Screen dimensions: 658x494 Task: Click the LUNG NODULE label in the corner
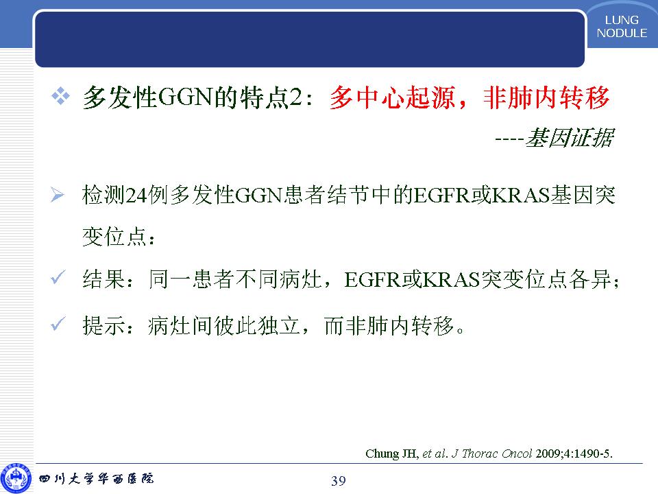622,27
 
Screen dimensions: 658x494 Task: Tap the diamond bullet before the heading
60,96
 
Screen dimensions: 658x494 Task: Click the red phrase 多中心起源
392,98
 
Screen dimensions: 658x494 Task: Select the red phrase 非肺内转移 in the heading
546,98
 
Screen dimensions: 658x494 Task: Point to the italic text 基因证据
570,138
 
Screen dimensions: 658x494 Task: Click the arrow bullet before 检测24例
57,195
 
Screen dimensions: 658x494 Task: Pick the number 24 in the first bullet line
136,196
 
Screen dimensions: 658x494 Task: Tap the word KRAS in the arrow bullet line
521,196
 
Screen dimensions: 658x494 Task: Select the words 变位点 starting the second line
114,237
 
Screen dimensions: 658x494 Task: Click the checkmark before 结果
58,278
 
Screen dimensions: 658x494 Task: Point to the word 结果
103,279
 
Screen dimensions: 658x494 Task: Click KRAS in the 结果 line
452,280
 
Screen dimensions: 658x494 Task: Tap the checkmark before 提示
58,323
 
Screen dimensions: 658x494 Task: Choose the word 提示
103,325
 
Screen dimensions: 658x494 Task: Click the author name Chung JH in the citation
391,454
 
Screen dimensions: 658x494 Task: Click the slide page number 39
339,480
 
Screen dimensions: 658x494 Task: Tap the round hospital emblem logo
16,478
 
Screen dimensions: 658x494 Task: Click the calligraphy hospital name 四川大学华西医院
96,478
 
